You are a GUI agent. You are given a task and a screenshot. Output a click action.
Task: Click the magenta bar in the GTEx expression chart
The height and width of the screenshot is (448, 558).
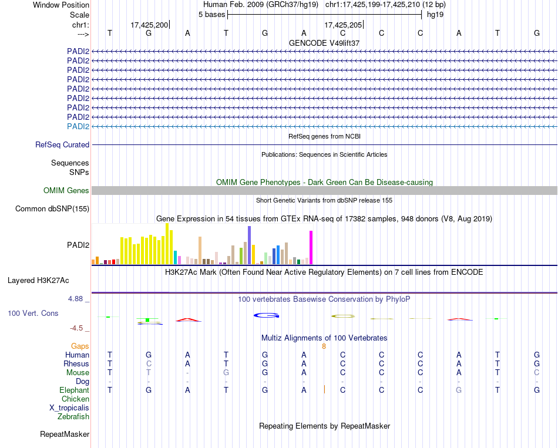pyautogui.click(x=311, y=248)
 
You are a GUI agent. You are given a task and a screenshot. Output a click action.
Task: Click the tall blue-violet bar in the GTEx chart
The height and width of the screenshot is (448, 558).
pyautogui.click(x=249, y=245)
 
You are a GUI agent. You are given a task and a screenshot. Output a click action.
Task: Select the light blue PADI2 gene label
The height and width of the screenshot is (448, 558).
pyautogui.click(x=78, y=126)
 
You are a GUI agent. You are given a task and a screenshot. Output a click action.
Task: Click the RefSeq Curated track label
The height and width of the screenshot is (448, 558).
pyautogui.click(x=62, y=144)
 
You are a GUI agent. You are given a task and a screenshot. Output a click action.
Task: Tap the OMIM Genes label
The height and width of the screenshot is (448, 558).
pyautogui.click(x=66, y=190)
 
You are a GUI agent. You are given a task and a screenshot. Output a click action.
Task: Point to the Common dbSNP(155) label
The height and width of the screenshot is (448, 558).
pyautogui.click(x=52, y=208)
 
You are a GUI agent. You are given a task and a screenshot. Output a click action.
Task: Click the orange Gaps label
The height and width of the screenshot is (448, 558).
pyautogui.click(x=80, y=346)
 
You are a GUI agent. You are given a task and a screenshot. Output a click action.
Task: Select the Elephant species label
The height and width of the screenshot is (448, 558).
pyautogui.click(x=74, y=390)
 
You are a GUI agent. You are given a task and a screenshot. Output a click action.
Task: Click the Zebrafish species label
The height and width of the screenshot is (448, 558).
pyautogui.click(x=73, y=417)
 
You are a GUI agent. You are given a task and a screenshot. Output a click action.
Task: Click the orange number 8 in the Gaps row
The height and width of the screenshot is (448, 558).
pyautogui.click(x=324, y=346)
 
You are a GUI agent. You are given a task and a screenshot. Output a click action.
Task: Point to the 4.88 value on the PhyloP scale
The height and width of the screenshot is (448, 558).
pyautogui.click(x=77, y=299)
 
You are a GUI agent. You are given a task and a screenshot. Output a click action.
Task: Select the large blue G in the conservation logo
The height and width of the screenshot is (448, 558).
pyautogui.click(x=266, y=316)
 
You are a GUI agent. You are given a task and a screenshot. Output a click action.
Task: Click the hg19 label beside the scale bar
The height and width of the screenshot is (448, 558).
pyautogui.click(x=435, y=14)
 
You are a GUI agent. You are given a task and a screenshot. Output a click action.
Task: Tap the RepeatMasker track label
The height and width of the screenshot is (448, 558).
pyautogui.click(x=65, y=434)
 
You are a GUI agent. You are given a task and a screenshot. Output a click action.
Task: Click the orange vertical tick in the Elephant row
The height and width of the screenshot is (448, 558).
pyautogui.click(x=324, y=389)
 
